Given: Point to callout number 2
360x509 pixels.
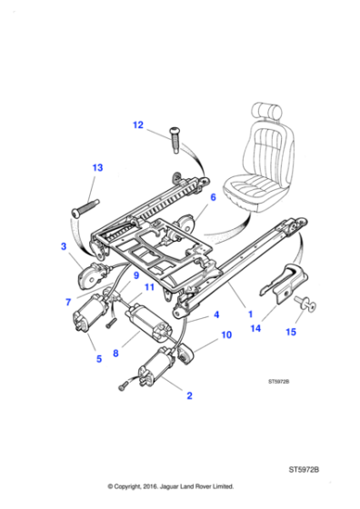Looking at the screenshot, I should pos(188,395).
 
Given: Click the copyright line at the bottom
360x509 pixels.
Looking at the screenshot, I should pos(179,487).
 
